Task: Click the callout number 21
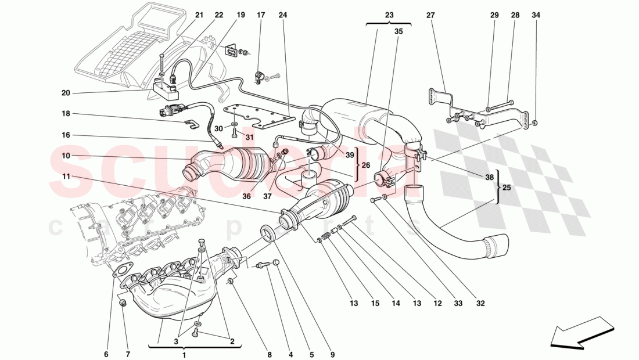coord(199,15)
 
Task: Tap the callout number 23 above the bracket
coord(389,15)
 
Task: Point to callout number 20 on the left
coord(65,93)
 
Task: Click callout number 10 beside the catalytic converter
coord(65,156)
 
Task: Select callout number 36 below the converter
coord(246,196)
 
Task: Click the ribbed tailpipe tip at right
coord(497,246)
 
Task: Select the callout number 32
coord(480,303)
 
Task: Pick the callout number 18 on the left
coord(65,114)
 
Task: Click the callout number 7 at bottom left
coord(128,354)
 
